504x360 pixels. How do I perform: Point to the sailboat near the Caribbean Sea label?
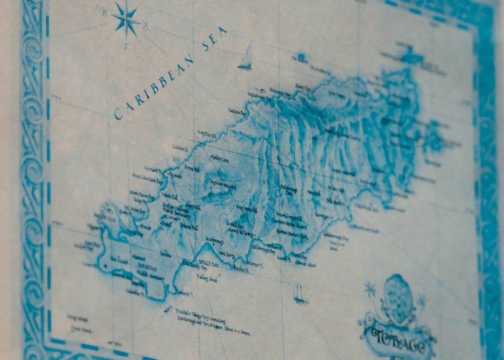click(x=246, y=58)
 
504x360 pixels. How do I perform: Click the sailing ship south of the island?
click(x=299, y=294)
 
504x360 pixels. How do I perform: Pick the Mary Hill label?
click(x=193, y=205)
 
